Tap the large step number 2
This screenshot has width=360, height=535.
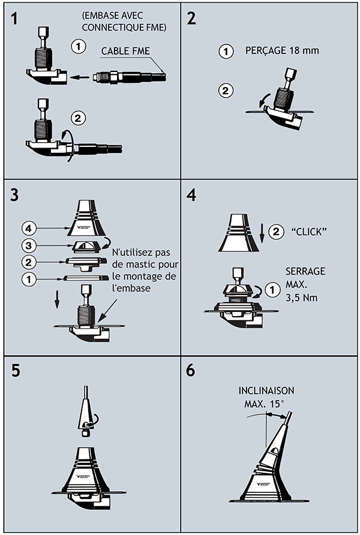click(x=192, y=17)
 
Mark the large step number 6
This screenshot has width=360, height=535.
click(x=191, y=370)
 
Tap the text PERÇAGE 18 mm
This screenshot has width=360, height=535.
click(x=282, y=51)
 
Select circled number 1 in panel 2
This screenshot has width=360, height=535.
click(x=225, y=52)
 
